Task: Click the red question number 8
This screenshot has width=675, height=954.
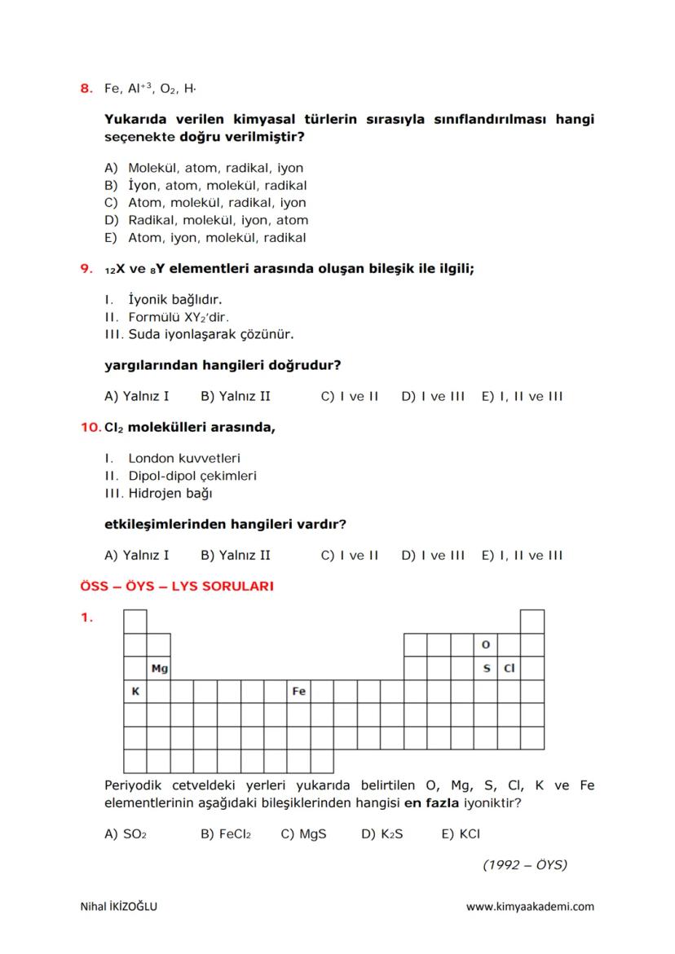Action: (x=86, y=87)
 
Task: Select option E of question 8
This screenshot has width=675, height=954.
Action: (x=205, y=238)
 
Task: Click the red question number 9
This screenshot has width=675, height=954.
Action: (x=86, y=268)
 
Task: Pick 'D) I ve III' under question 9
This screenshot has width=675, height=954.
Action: (x=433, y=397)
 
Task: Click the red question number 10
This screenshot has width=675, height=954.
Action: (x=90, y=427)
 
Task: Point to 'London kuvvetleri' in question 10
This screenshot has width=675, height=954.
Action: (x=184, y=459)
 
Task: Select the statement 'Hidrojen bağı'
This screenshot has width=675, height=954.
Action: (x=170, y=493)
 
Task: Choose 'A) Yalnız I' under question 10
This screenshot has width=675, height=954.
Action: (x=137, y=556)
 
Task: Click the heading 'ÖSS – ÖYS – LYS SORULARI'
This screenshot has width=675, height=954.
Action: (x=177, y=587)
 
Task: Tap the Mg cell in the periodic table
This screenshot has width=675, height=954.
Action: (x=159, y=669)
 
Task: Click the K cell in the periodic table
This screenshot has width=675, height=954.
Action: (x=135, y=692)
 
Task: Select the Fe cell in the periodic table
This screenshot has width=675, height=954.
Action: (x=299, y=692)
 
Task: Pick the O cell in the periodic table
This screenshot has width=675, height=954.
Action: (x=486, y=645)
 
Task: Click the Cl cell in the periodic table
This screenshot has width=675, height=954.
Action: (x=510, y=669)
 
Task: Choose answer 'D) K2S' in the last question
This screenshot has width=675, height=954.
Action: (x=382, y=834)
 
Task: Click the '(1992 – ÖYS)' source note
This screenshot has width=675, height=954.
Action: (x=524, y=865)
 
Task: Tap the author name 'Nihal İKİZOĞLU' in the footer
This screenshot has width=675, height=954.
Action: (x=119, y=907)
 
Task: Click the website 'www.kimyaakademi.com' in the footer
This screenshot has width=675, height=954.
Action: (x=530, y=907)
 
